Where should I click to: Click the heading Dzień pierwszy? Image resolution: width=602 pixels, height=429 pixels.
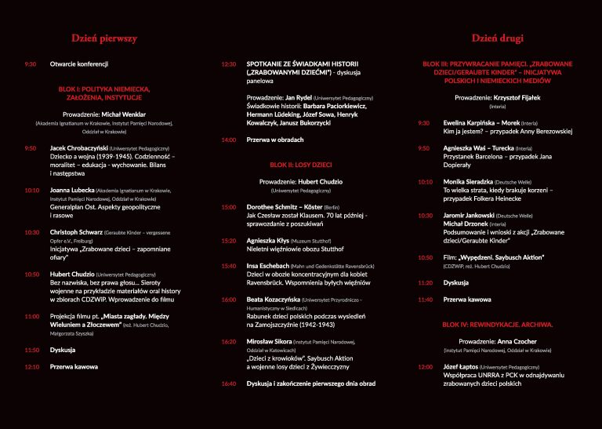coord(104,38)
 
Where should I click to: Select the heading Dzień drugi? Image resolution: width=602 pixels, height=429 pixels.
coord(497,38)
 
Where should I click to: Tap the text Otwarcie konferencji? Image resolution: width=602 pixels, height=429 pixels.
coord(78,64)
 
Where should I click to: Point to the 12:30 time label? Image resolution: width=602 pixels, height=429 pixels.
coord(229,64)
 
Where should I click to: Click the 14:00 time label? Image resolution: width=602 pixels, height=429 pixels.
coord(229,140)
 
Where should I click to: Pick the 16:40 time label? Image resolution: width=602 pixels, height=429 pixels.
coord(229,384)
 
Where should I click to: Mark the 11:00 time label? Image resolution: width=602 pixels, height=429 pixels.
coord(32,316)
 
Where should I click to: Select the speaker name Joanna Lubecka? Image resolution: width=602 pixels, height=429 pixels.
coord(72,190)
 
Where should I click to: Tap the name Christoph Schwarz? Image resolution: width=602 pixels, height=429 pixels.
coord(76,232)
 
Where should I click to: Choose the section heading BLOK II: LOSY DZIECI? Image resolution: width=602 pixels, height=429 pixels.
coord(300,165)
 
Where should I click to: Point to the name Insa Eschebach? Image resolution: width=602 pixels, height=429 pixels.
coord(268,266)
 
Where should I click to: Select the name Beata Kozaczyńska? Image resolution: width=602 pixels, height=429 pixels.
coord(275,300)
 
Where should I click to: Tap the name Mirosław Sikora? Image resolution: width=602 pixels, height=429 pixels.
coord(269,341)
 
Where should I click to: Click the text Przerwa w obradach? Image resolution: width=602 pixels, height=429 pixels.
coord(274,140)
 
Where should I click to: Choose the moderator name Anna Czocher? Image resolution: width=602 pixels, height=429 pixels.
coord(516,341)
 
